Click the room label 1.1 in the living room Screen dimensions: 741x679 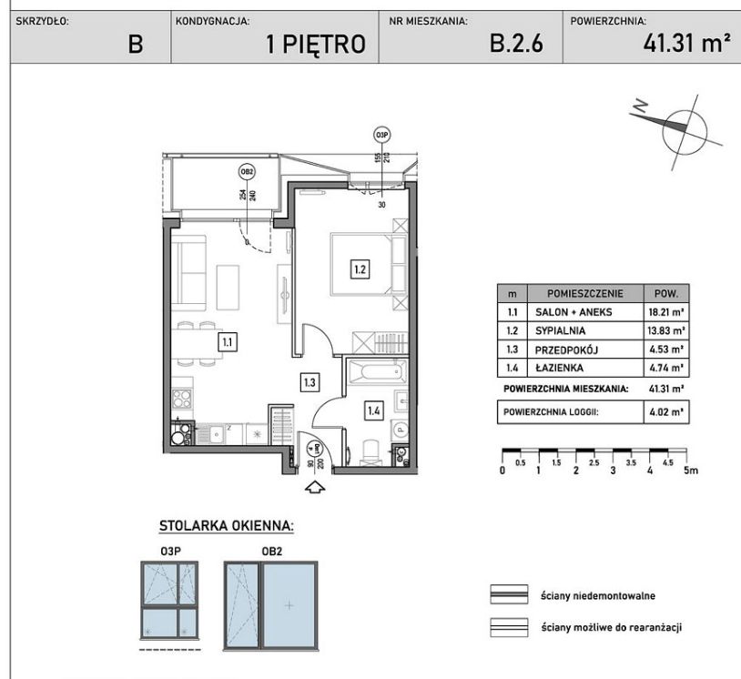(x=228, y=341)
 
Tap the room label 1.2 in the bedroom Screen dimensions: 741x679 (x=360, y=269)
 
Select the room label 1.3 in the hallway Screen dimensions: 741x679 (x=310, y=381)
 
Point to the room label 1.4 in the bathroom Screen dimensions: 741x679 (x=373, y=410)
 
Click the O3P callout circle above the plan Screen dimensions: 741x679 (x=381, y=135)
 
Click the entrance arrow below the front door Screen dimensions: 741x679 (x=316, y=488)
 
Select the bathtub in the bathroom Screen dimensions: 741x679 (x=377, y=372)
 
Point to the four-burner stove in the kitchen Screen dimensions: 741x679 (x=182, y=399)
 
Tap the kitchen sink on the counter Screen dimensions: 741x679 (x=217, y=434)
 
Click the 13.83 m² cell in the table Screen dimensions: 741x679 (x=665, y=330)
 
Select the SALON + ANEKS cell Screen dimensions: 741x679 (x=574, y=312)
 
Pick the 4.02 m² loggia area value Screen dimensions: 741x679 (x=666, y=412)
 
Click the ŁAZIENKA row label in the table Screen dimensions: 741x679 (x=559, y=368)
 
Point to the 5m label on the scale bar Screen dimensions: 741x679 (x=691, y=471)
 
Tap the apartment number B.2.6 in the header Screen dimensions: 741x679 (x=516, y=44)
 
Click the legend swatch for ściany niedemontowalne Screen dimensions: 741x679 (x=509, y=594)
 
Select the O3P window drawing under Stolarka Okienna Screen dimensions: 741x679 (x=169, y=600)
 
